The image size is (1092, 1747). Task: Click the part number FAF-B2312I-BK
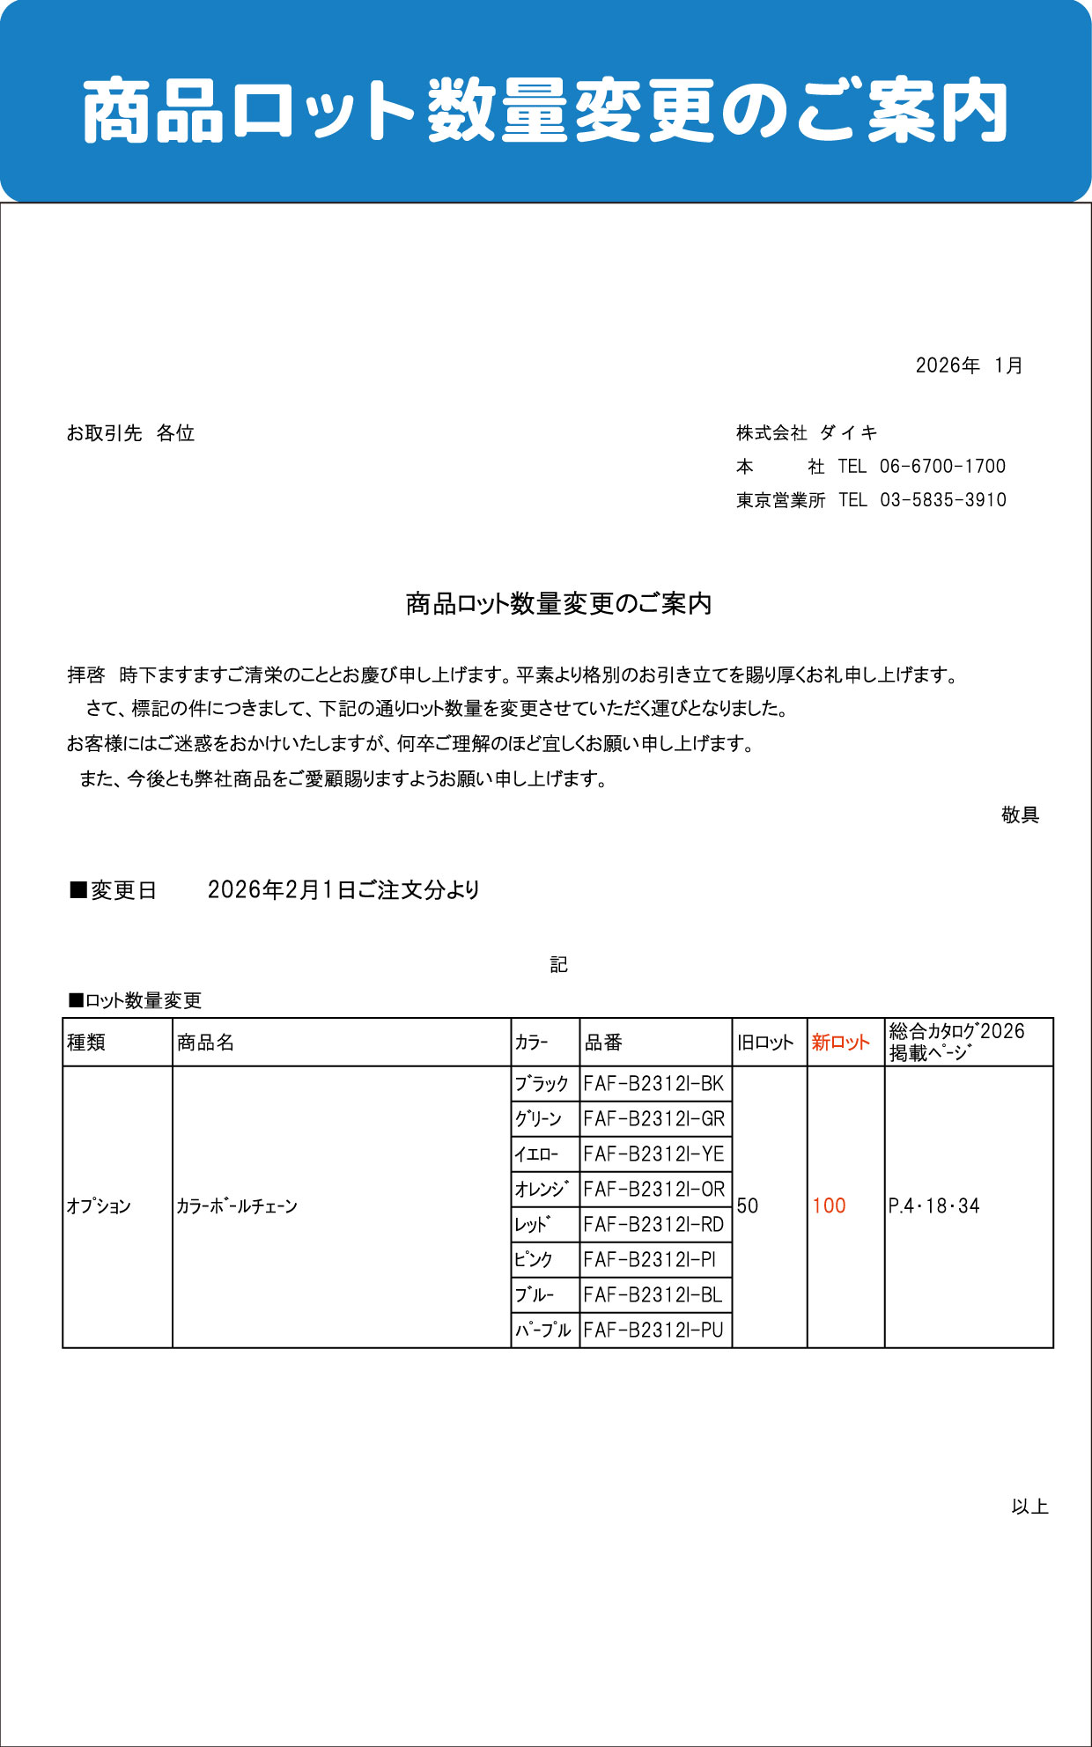pyautogui.click(x=653, y=1084)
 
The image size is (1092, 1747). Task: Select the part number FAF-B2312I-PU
pyautogui.click(x=653, y=1331)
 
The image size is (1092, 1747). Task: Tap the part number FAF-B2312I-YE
pyautogui.click(x=653, y=1154)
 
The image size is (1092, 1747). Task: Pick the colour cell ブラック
pyautogui.click(x=542, y=1084)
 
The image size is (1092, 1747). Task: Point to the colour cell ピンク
pyautogui.click(x=534, y=1260)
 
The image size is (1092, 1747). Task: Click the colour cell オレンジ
pyautogui.click(x=542, y=1190)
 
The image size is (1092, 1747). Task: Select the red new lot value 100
pyautogui.click(x=829, y=1206)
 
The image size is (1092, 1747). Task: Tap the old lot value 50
pyautogui.click(x=748, y=1206)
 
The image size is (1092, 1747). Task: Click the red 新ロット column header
pyautogui.click(x=840, y=1043)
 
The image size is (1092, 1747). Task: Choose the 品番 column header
pyautogui.click(x=603, y=1043)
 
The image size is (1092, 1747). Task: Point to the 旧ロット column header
pyautogui.click(x=765, y=1043)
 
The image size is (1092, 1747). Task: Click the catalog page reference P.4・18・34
pyautogui.click(x=933, y=1206)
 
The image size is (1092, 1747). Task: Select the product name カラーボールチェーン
pyautogui.click(x=237, y=1206)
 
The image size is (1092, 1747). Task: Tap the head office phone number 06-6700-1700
pyautogui.click(x=942, y=467)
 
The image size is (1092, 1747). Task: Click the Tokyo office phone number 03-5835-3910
pyautogui.click(x=942, y=500)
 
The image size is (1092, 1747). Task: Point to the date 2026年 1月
pyautogui.click(x=969, y=365)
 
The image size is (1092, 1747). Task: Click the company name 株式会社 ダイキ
pyautogui.click(x=807, y=432)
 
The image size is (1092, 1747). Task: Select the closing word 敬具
pyautogui.click(x=1020, y=815)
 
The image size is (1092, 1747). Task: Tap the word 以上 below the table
pyautogui.click(x=1029, y=1507)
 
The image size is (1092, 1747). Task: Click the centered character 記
pyautogui.click(x=558, y=965)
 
